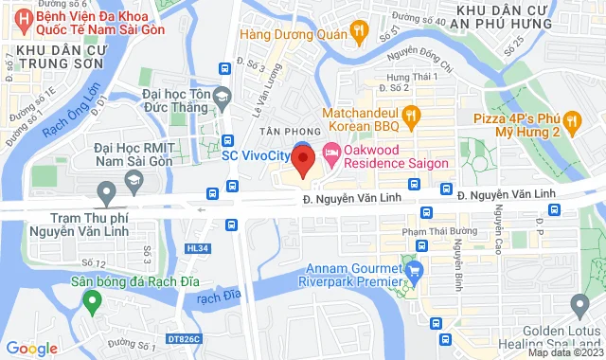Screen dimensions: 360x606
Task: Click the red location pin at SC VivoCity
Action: point(303,160)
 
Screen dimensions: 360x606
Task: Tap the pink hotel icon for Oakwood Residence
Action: point(331,152)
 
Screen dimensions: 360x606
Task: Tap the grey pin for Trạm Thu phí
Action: point(106,194)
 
